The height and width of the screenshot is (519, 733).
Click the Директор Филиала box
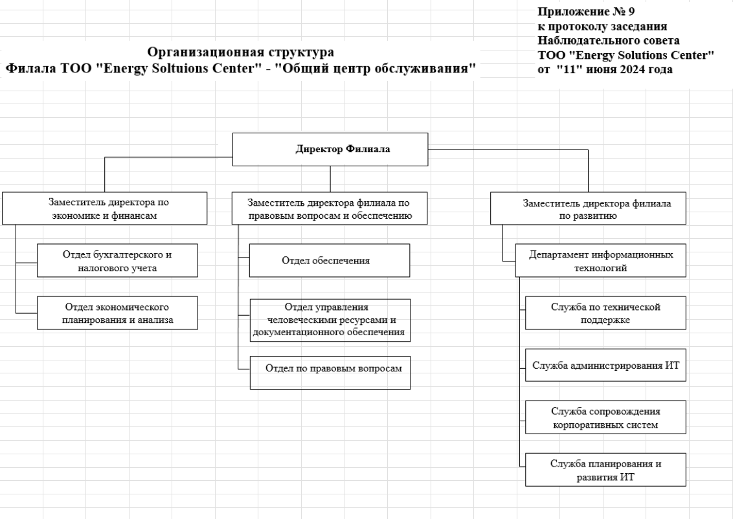[330, 149]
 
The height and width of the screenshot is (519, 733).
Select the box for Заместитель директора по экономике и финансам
[105, 208]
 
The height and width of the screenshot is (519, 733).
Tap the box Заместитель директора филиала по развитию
[588, 208]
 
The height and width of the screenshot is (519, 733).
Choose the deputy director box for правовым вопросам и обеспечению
[330, 208]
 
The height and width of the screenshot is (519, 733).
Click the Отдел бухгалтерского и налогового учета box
[117, 261]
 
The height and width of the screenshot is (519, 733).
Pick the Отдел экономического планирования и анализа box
[117, 313]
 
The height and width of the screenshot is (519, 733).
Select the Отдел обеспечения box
[330, 261]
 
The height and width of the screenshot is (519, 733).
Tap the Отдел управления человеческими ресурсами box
[330, 320]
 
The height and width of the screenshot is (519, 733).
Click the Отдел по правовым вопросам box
[330, 373]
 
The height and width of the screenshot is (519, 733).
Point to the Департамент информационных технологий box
[601, 261]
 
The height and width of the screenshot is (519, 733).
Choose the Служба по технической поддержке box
[606, 313]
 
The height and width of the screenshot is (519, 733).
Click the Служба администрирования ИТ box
[606, 366]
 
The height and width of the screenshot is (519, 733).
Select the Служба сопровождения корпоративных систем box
[606, 417]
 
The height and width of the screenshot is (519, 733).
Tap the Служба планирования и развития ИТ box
[606, 470]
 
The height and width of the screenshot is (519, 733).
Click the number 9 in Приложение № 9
[631, 11]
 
